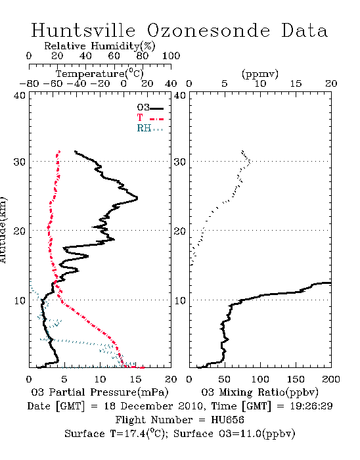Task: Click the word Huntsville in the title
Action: click(83, 30)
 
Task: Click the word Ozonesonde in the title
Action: click(208, 30)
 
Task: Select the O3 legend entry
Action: click(150, 108)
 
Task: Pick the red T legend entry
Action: click(150, 118)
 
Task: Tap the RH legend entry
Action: click(150, 128)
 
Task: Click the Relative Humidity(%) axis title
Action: click(100, 46)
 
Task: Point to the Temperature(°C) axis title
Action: click(100, 74)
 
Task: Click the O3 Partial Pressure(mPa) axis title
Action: click(100, 392)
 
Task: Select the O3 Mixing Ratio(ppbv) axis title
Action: click(259, 392)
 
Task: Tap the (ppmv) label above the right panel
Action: click(260, 74)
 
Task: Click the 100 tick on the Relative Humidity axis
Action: click(171, 56)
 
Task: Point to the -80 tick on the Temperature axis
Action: click(29, 83)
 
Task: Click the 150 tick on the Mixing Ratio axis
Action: click(296, 379)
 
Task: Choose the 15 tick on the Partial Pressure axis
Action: click(135, 379)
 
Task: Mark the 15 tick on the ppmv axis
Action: click(296, 83)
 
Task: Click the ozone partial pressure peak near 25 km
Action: click(137, 198)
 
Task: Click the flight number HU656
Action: click(227, 420)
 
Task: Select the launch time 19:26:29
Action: click(311, 406)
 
